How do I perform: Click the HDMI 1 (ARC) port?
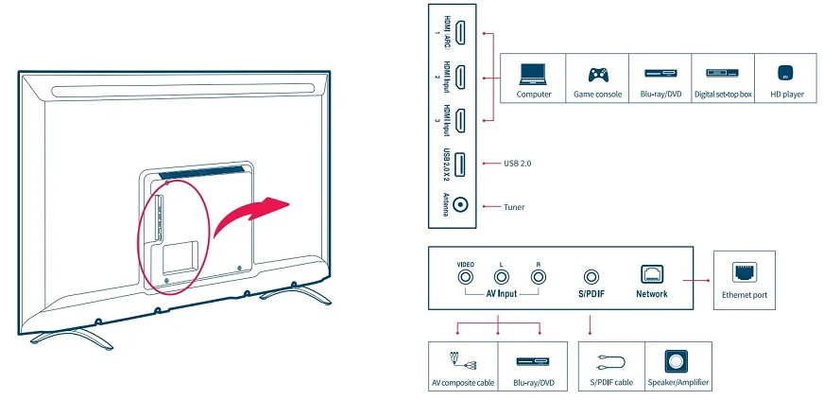pos(460,33)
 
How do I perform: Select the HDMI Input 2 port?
pos(460,78)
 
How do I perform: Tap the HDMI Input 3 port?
pos(460,121)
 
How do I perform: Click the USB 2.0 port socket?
pos(460,163)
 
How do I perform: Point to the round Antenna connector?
pos(460,205)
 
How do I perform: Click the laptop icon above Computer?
pos(533,74)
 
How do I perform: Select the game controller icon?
pos(598,74)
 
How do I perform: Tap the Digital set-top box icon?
pos(723,74)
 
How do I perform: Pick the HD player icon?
pos(786,74)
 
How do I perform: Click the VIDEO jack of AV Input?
pos(466,276)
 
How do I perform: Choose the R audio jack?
pos(538,276)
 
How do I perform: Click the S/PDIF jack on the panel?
pos(592,276)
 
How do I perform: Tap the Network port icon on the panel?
pos(651,275)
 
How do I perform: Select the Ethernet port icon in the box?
pos(744,272)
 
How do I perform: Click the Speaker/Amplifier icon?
pos(677,361)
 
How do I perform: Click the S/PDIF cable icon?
pos(611,362)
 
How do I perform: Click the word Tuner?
pos(514,207)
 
